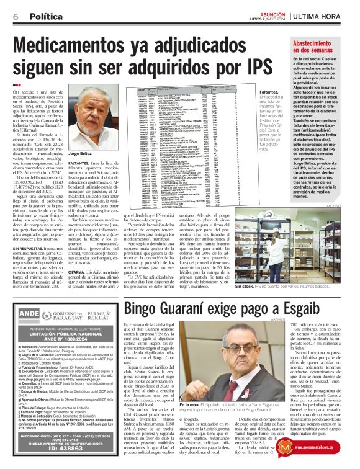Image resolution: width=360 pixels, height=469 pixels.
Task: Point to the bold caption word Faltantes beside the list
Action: [x=269, y=91]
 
